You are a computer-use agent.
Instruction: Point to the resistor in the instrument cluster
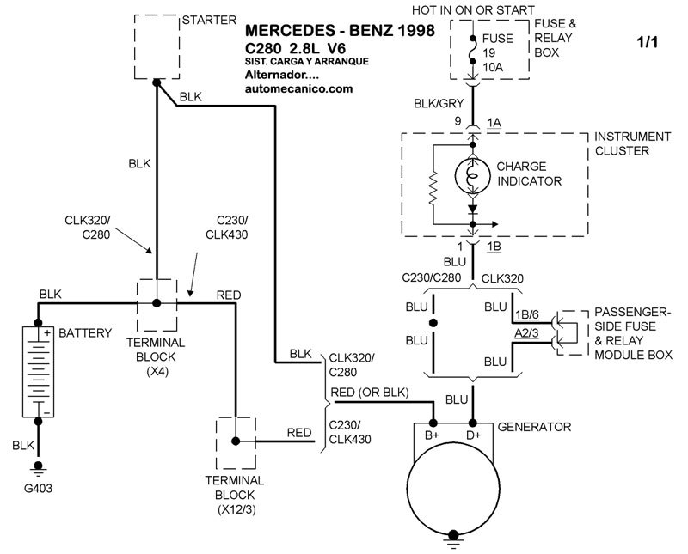(436, 188)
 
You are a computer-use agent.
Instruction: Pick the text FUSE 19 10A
(499, 52)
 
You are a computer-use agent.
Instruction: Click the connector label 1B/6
(529, 315)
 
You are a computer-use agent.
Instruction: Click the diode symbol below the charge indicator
(472, 209)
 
